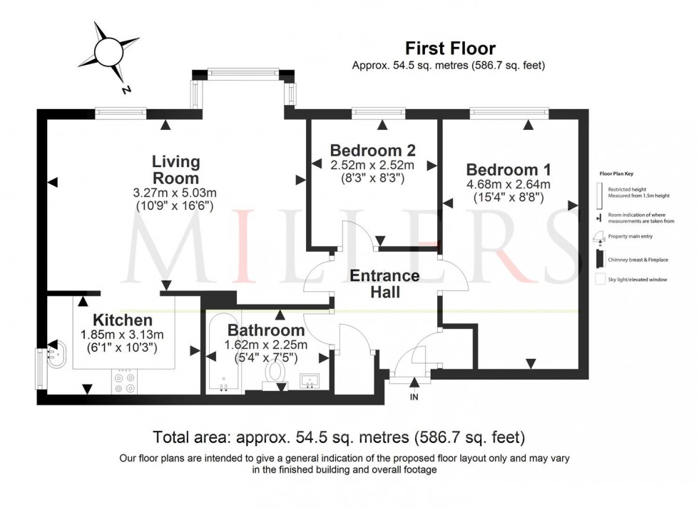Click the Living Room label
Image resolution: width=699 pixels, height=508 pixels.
[175, 170]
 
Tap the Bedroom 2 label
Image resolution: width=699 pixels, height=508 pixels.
[372, 151]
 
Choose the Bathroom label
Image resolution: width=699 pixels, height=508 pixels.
[266, 330]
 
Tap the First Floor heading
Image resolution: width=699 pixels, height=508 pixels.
[450, 49]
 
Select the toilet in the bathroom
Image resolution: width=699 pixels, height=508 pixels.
[275, 373]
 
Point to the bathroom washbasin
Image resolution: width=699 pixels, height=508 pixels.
[312, 382]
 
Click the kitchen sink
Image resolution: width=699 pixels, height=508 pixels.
[56, 352]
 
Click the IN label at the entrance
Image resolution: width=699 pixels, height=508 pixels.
[414, 397]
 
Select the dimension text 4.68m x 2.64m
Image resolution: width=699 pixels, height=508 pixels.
[508, 185]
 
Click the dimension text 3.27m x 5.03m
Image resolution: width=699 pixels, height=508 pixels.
[175, 193]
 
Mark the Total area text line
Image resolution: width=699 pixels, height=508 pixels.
[340, 436]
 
